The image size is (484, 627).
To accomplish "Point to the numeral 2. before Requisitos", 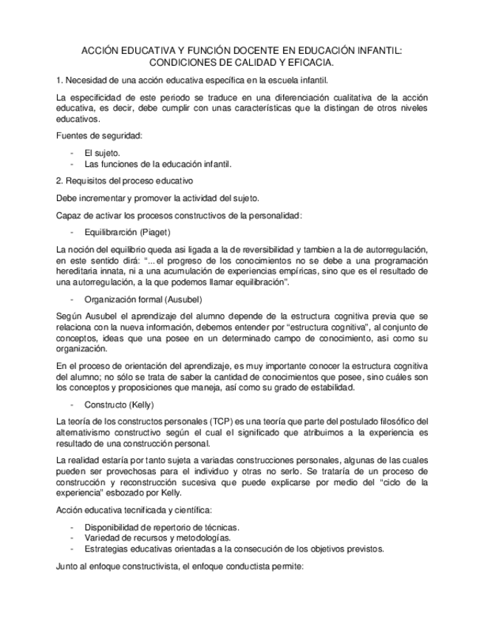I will point(60,180).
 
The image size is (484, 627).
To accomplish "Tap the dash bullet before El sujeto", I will point(72,152).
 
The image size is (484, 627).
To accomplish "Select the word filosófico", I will point(400,421).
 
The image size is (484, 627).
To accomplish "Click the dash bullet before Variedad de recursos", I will point(72,538).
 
